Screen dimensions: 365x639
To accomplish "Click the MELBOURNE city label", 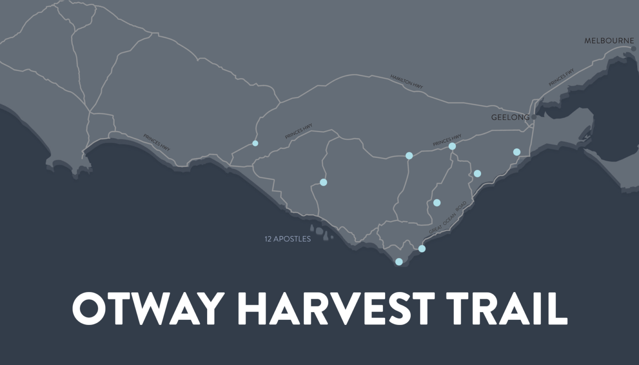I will [609, 41].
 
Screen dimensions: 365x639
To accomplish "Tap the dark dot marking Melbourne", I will [634, 48].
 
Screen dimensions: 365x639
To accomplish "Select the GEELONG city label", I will [510, 117].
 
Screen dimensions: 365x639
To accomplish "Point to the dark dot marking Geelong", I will [534, 117].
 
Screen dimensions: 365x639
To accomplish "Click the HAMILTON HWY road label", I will [407, 81].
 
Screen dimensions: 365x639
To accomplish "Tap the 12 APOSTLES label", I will [288, 239].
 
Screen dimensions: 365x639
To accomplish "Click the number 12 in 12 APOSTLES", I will [268, 239].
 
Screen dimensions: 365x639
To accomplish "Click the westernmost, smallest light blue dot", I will [255, 143].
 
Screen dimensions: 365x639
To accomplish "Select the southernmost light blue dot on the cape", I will [399, 261].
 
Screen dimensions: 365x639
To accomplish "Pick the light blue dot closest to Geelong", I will [517, 152].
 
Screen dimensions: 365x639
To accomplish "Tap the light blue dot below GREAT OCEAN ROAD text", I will [422, 249].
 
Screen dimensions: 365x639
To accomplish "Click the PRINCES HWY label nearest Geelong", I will [447, 140].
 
